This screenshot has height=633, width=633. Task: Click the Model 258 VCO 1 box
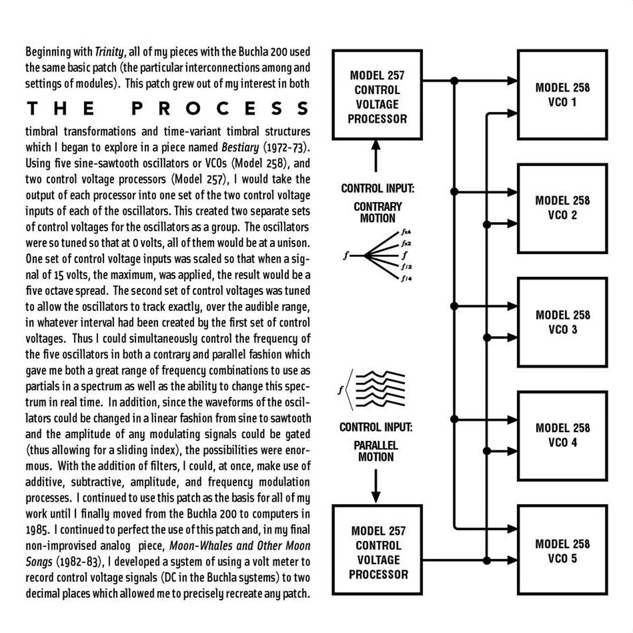(x=562, y=94)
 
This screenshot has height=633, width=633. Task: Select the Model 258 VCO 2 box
(x=562, y=208)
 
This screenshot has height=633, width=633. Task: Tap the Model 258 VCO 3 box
(x=562, y=322)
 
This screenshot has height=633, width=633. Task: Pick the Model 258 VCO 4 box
(x=562, y=435)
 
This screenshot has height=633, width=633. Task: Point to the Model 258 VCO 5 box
(x=562, y=551)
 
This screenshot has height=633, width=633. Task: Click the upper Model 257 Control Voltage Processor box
(x=377, y=95)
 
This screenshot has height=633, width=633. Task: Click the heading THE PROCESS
(x=168, y=108)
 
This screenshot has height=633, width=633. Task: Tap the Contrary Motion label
(x=377, y=212)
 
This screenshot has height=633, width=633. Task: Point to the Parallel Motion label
(x=376, y=451)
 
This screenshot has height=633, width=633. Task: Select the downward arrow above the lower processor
(x=376, y=485)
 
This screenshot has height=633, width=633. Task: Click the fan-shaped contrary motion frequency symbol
(x=380, y=256)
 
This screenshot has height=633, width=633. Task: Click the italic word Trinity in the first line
(x=110, y=52)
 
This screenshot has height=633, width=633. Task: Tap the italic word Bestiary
(x=240, y=147)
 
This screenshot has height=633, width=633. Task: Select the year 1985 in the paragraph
(x=37, y=530)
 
